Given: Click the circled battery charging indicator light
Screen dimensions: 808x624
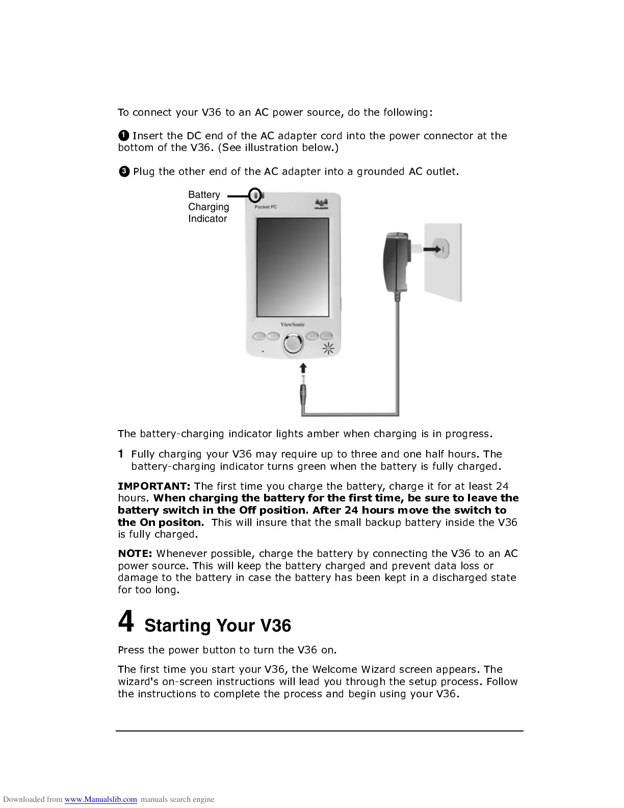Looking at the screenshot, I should tap(256, 195).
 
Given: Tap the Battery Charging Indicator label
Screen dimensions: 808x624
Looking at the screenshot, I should tap(208, 207).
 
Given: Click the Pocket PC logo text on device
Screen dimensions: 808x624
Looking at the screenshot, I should tap(266, 207).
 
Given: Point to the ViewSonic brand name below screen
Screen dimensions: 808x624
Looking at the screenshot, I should tap(293, 324).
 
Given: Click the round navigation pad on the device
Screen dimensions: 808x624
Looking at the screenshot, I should tap(293, 343).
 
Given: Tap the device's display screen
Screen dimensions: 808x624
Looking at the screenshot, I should tap(293, 268).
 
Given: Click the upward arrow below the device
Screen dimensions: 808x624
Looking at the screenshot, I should tap(303, 368).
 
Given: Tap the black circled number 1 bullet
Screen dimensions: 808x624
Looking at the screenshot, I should tap(123, 136).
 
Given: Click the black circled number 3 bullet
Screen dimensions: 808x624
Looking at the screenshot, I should tap(124, 171).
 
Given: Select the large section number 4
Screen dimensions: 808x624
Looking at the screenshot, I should tap(126, 621).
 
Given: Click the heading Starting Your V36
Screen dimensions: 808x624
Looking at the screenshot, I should tap(218, 625).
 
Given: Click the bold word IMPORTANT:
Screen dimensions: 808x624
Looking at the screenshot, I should tap(154, 486).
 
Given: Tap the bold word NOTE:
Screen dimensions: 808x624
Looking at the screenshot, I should tap(135, 553).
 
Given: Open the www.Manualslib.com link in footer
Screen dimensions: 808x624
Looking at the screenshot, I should tap(100, 799).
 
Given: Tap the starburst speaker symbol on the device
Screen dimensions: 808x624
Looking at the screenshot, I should tap(328, 349).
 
